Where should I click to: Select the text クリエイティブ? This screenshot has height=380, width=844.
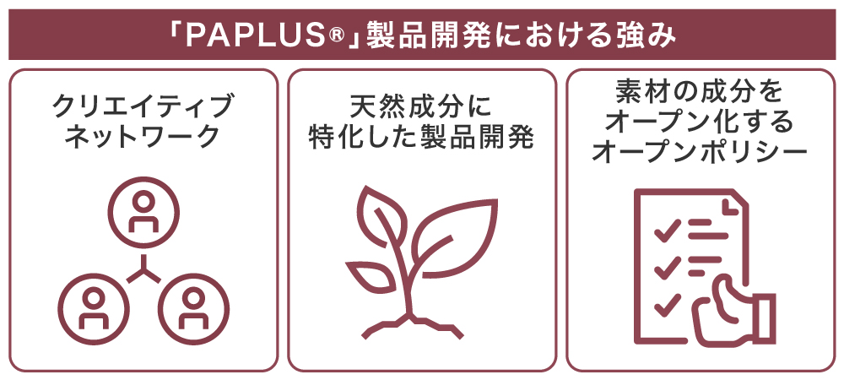(x=144, y=106)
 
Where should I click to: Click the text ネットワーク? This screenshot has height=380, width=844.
(x=143, y=136)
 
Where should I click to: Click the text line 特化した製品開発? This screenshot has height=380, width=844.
(x=421, y=138)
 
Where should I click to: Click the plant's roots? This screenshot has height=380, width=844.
(x=413, y=326)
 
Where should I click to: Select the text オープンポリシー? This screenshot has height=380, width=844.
(x=700, y=153)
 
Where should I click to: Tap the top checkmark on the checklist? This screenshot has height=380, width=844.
(x=667, y=231)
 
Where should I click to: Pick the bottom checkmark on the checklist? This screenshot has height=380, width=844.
(x=667, y=306)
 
